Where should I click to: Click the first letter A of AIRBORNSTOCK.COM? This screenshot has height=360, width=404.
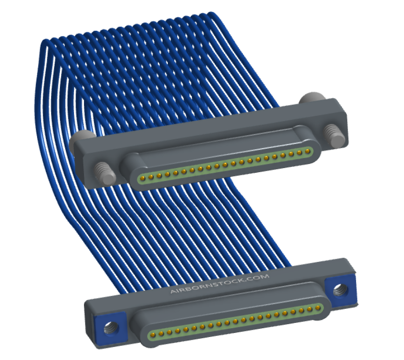(x=173, y=292)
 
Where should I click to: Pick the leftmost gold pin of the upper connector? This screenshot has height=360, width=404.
(x=142, y=178)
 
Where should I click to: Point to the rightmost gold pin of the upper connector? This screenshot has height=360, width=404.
(x=308, y=151)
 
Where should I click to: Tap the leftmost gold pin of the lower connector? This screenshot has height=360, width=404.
(x=153, y=335)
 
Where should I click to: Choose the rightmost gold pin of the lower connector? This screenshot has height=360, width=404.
(x=318, y=308)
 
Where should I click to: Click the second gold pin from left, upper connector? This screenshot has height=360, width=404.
(x=151, y=177)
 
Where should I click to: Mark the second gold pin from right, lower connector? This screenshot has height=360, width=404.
(x=310, y=309)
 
